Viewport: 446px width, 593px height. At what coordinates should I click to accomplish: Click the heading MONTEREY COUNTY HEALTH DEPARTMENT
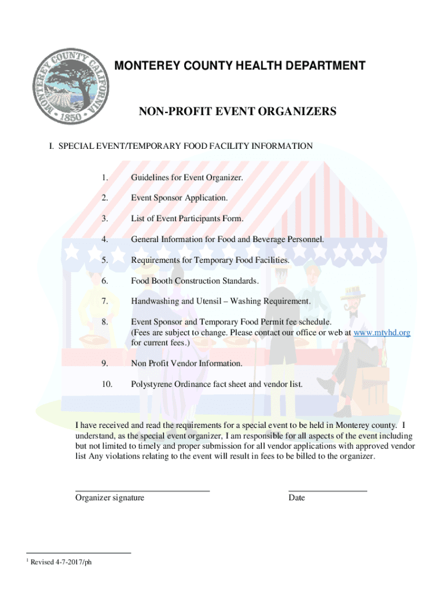pyautogui.click(x=240, y=66)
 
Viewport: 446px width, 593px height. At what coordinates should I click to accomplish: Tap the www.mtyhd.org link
pyautogui.click(x=382, y=332)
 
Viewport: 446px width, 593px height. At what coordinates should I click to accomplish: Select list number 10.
pyautogui.click(x=107, y=384)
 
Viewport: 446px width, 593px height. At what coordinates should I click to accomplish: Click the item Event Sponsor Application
pyautogui.click(x=179, y=198)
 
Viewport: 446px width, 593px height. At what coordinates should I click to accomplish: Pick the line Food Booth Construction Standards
pyautogui.click(x=195, y=281)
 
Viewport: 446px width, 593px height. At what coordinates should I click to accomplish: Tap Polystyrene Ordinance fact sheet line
pyautogui.click(x=217, y=384)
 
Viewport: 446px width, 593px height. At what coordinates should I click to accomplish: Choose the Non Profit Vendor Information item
pyautogui.click(x=187, y=363)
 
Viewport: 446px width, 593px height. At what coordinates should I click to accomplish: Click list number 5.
pyautogui.click(x=104, y=261)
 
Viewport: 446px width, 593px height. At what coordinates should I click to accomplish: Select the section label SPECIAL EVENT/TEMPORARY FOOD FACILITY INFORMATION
pyautogui.click(x=181, y=147)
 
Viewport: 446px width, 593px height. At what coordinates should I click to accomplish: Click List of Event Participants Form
pyautogui.click(x=187, y=219)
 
